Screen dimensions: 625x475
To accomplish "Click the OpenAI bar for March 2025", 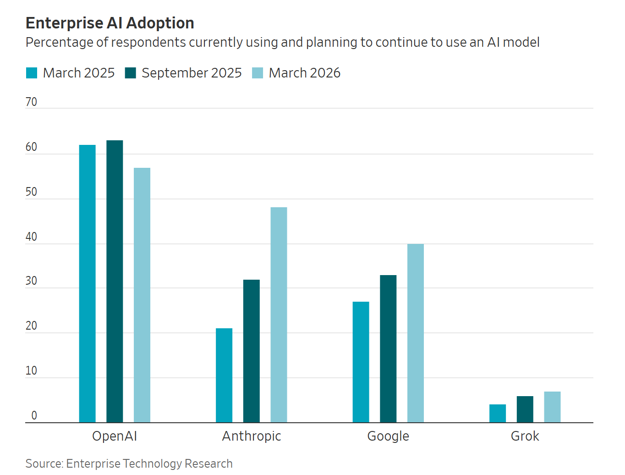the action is pyautogui.click(x=87, y=283).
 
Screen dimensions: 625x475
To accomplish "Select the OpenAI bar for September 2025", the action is pyautogui.click(x=115, y=281).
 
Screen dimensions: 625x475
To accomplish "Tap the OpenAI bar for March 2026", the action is pyautogui.click(x=142, y=295).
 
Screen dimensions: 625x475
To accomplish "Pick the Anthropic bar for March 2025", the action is pyautogui.click(x=224, y=375).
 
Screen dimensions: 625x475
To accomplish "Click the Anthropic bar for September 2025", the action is pyautogui.click(x=252, y=351).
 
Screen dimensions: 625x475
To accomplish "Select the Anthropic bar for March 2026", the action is pyautogui.click(x=279, y=315).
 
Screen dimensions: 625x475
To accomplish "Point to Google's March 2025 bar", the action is pyautogui.click(x=361, y=362).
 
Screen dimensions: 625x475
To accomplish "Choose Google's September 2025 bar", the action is pyautogui.click(x=388, y=349).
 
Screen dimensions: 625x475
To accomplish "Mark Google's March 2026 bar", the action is pyautogui.click(x=416, y=333).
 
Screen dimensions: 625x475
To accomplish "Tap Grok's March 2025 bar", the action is pyautogui.click(x=498, y=414).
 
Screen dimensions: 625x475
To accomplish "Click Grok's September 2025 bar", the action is pyautogui.click(x=525, y=409).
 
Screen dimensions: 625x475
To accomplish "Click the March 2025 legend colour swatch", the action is pyautogui.click(x=32, y=73).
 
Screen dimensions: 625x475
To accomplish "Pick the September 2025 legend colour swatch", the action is pyautogui.click(x=131, y=73).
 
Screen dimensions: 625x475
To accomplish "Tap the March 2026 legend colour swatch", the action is pyautogui.click(x=258, y=73).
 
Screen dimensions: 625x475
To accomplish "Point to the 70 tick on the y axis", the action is pyautogui.click(x=31, y=102).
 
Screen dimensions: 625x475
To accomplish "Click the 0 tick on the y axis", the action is pyautogui.click(x=34, y=415).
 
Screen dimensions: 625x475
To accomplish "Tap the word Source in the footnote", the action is pyautogui.click(x=44, y=464).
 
